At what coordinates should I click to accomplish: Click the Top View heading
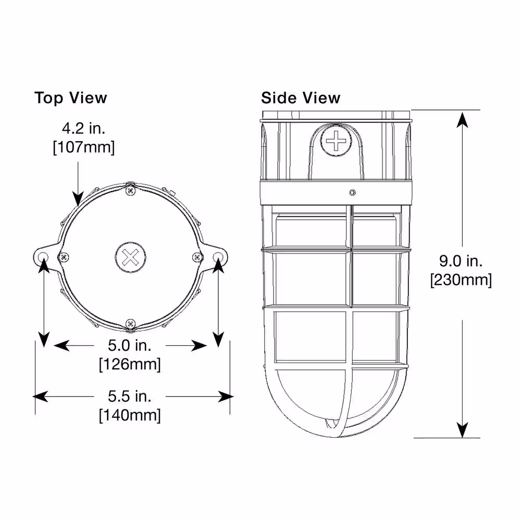click(x=70, y=98)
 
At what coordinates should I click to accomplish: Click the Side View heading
click(x=301, y=98)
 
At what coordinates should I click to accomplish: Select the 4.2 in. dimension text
click(x=84, y=129)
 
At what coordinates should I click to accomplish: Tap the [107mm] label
click(x=84, y=147)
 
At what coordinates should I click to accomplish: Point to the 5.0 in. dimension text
click(x=130, y=345)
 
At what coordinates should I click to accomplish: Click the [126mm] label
click(x=130, y=365)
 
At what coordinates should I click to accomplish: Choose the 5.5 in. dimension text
click(x=130, y=396)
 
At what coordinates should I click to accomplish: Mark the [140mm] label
click(x=130, y=415)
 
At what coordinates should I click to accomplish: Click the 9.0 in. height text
click(x=461, y=261)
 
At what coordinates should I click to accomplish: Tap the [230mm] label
click(x=461, y=280)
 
